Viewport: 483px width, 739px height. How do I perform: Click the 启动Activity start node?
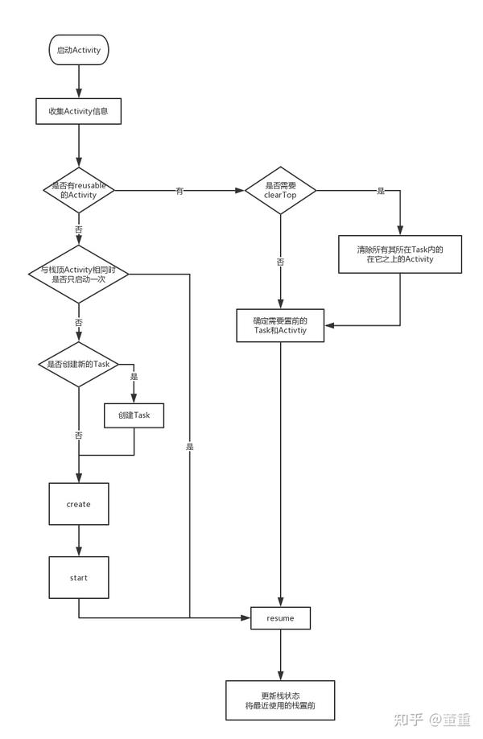[79, 49]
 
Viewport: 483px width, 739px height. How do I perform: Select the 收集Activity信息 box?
[79, 111]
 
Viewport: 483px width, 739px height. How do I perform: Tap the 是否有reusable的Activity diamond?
[78, 190]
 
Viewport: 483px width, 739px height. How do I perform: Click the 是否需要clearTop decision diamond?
[280, 190]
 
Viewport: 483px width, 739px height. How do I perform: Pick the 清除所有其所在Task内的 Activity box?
[400, 254]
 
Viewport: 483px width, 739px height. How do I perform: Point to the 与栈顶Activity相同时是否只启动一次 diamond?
[78, 275]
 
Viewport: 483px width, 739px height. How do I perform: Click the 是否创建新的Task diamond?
[78, 364]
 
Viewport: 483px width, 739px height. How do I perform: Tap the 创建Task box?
[134, 415]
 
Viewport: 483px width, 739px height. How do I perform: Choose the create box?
[78, 504]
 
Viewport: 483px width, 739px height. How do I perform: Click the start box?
[78, 577]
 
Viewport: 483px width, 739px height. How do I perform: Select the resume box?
[280, 618]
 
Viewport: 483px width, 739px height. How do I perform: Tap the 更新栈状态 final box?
[279, 699]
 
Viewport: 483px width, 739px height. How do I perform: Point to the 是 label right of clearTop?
[381, 191]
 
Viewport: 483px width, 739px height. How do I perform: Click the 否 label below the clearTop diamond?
[280, 262]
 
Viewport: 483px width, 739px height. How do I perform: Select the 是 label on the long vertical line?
[190, 446]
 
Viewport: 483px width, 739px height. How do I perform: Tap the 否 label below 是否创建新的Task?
[78, 435]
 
